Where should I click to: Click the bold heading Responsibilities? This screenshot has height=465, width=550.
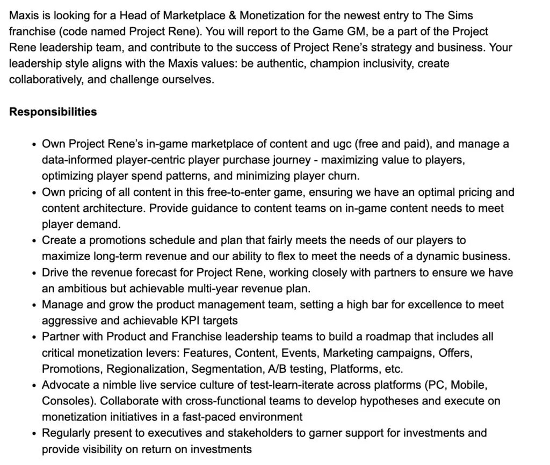53,112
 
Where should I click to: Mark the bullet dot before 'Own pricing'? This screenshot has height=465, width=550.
34,193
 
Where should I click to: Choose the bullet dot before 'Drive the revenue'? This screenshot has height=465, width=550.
34,273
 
